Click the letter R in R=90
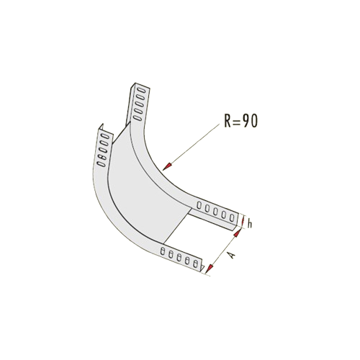228,121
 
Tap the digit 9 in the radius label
246,121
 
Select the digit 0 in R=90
253,121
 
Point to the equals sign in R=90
236,121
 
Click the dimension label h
250,224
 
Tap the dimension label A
231,255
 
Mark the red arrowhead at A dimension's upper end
237,233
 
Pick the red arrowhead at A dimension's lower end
210,269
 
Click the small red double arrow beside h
243,222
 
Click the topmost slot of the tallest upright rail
141,90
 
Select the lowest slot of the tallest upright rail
138,118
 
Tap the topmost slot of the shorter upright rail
105,136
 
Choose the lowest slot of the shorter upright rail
101,164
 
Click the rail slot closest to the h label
232,218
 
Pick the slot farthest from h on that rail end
199,205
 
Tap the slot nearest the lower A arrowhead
196,264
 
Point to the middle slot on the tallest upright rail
139,104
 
